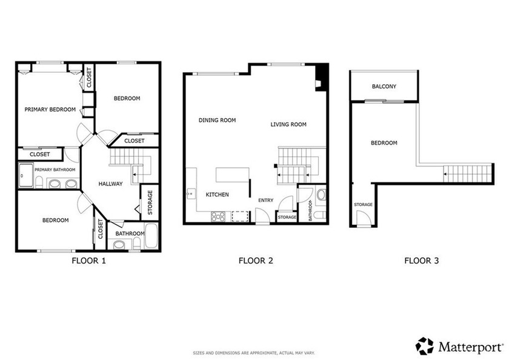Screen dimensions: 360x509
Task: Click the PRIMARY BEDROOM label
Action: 50,110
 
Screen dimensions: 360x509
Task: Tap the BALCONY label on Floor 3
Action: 384,87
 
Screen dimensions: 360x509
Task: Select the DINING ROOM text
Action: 217,120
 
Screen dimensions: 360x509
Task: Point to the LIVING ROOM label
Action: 288,124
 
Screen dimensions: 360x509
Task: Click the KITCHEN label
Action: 217,195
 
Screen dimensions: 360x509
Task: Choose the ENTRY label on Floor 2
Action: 265,200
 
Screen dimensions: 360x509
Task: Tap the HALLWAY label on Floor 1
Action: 111,184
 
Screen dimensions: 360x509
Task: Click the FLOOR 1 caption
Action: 89,261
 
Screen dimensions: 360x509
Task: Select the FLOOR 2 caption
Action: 256,261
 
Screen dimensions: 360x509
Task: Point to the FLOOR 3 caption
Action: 422,261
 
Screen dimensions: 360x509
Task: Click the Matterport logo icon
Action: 425,346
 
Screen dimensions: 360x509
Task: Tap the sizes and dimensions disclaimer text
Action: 256,352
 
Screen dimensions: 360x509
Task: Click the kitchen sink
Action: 191,195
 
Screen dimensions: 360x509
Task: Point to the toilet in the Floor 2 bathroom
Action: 321,195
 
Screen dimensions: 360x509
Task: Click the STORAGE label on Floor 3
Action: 363,204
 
